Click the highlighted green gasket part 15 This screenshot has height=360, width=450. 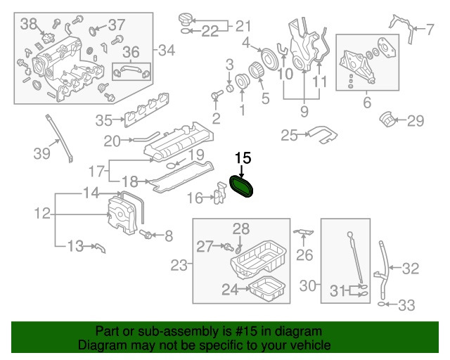243,186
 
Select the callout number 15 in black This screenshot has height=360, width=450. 243,158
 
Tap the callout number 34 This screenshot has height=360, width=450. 166,50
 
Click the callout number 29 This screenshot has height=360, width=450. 416,121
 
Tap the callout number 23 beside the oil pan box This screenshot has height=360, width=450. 179,265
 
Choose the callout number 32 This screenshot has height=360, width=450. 410,267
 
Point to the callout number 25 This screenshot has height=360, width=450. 290,134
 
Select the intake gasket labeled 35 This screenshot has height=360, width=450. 156,114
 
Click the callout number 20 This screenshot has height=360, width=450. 112,141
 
